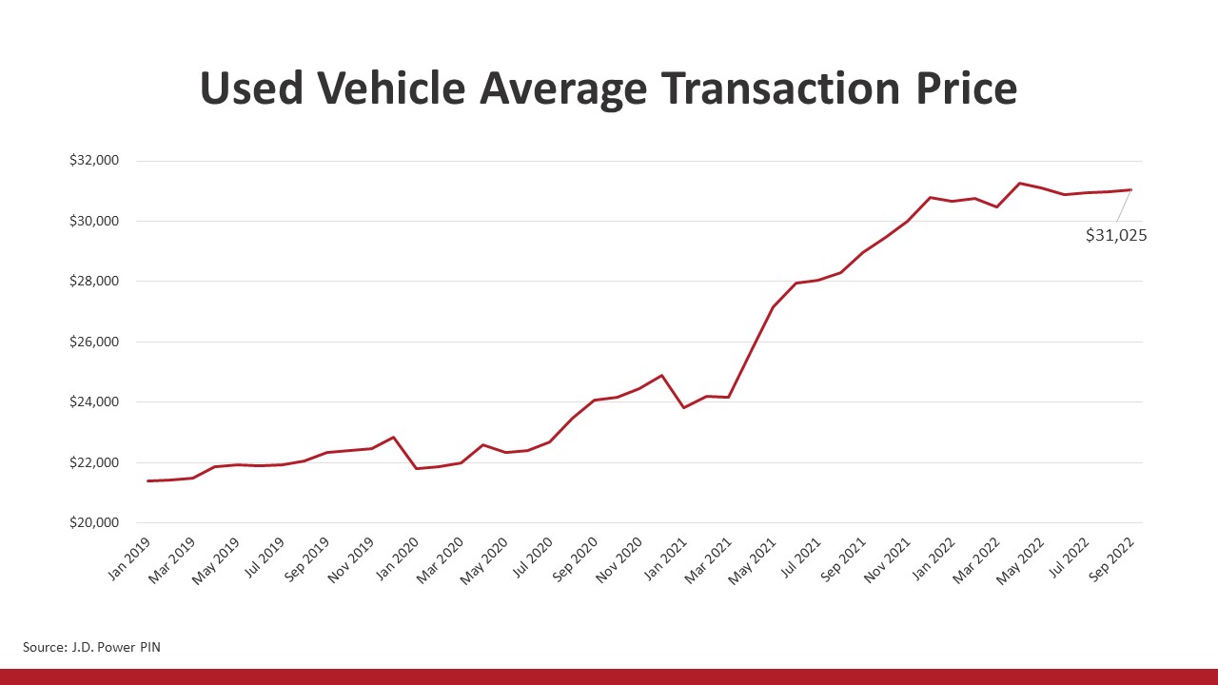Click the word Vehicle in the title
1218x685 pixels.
pos(390,88)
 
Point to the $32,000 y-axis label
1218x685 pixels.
pos(93,161)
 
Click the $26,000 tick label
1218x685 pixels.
pos(93,342)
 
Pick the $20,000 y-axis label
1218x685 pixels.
pos(93,522)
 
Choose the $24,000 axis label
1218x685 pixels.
pos(93,402)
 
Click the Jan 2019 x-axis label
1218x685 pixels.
pos(128,557)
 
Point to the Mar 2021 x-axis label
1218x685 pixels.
pos(707,557)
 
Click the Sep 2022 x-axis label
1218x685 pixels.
pos(1109,557)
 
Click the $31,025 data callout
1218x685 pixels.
pos(1115,235)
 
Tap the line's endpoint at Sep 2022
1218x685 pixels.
pos(1130,189)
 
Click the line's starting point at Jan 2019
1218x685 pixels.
pos(148,480)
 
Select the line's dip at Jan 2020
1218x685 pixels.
pos(416,468)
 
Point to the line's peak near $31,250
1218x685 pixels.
pos(1020,183)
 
